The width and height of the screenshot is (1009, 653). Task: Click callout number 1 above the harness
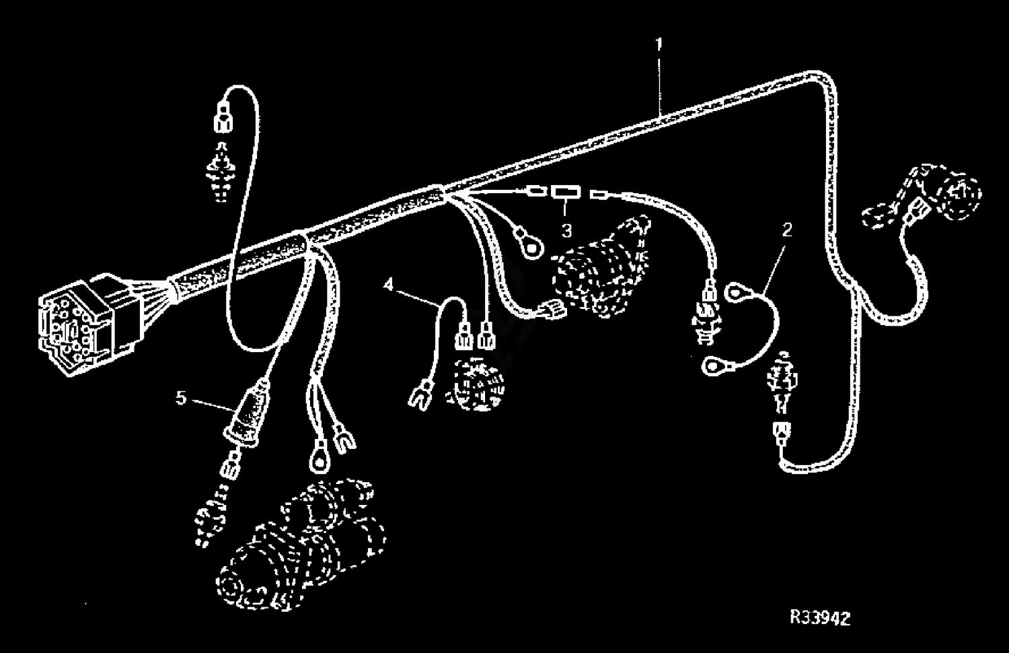tap(659, 44)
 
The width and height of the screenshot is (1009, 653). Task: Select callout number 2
tap(787, 230)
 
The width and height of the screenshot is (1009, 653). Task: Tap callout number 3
tap(566, 231)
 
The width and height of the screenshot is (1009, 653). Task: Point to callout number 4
tap(388, 284)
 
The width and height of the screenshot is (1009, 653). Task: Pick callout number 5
tap(181, 398)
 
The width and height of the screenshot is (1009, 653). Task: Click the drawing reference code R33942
tap(820, 617)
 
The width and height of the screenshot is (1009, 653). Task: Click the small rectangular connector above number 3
tap(566, 193)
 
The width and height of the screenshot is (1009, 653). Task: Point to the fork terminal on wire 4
tap(420, 394)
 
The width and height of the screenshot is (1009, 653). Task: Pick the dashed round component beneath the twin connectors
tap(475, 384)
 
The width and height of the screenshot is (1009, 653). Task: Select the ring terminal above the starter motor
tap(319, 460)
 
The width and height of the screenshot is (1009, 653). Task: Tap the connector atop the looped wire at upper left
tap(223, 118)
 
